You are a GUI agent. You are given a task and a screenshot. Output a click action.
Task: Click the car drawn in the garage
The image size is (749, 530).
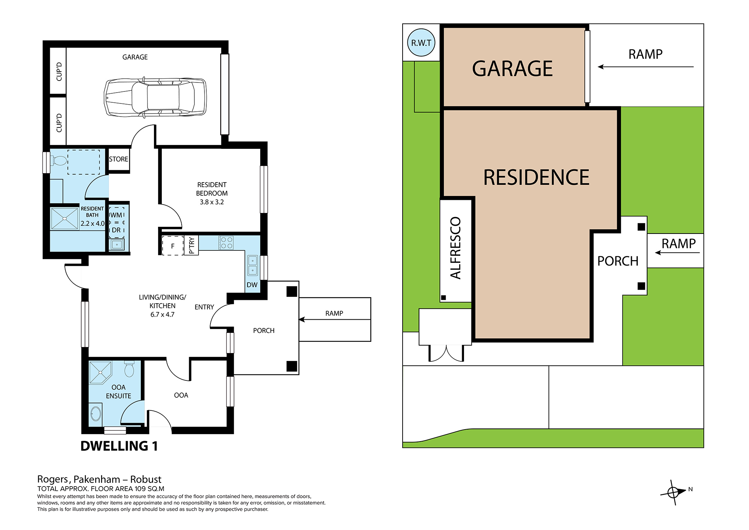coord(155,97)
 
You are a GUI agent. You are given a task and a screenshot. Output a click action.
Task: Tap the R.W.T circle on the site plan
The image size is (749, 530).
coord(421,43)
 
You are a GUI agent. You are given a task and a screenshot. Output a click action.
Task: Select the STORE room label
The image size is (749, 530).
coord(118,159)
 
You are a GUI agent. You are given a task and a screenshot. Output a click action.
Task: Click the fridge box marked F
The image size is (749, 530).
coord(173,246)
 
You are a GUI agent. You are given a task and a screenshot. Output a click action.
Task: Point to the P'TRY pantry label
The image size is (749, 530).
coord(191,246)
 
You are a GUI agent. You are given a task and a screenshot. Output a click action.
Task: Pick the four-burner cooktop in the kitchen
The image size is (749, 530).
coord(226,243)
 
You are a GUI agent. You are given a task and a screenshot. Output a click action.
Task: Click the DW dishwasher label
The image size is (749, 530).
coord(252,285)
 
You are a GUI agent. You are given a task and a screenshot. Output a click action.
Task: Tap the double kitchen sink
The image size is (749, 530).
coord(252,265)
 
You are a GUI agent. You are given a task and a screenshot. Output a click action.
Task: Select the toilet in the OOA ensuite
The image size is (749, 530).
coord(129,369)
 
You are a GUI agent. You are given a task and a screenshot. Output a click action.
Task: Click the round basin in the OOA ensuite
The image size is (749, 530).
coord(96,413)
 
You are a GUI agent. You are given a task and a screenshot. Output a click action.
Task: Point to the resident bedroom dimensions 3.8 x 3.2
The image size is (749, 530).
coord(212,202)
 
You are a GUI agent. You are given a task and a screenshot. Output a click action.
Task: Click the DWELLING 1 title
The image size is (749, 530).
coord(119,446)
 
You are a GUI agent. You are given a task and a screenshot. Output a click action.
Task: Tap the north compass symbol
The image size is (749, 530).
coord(674,492)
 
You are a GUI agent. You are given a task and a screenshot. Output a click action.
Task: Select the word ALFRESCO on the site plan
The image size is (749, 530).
coord(455,248)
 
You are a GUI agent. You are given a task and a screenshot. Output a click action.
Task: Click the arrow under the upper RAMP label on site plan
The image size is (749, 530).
coord(646,67)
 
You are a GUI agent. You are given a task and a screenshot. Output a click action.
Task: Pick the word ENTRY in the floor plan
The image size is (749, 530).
coord(204,307)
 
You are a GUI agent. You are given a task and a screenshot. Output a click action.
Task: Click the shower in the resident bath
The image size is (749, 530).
coord(64,219)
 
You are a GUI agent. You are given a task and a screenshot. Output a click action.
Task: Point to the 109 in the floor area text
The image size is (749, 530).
coord(140,489)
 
